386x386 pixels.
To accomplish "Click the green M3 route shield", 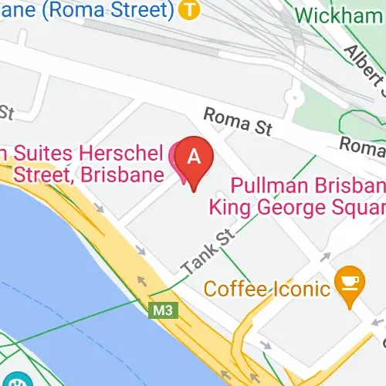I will [x=159, y=310].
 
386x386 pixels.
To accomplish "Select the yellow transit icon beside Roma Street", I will [x=186, y=10].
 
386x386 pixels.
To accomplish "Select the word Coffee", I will [x=232, y=289].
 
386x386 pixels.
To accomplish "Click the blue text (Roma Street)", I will [x=93, y=10].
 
